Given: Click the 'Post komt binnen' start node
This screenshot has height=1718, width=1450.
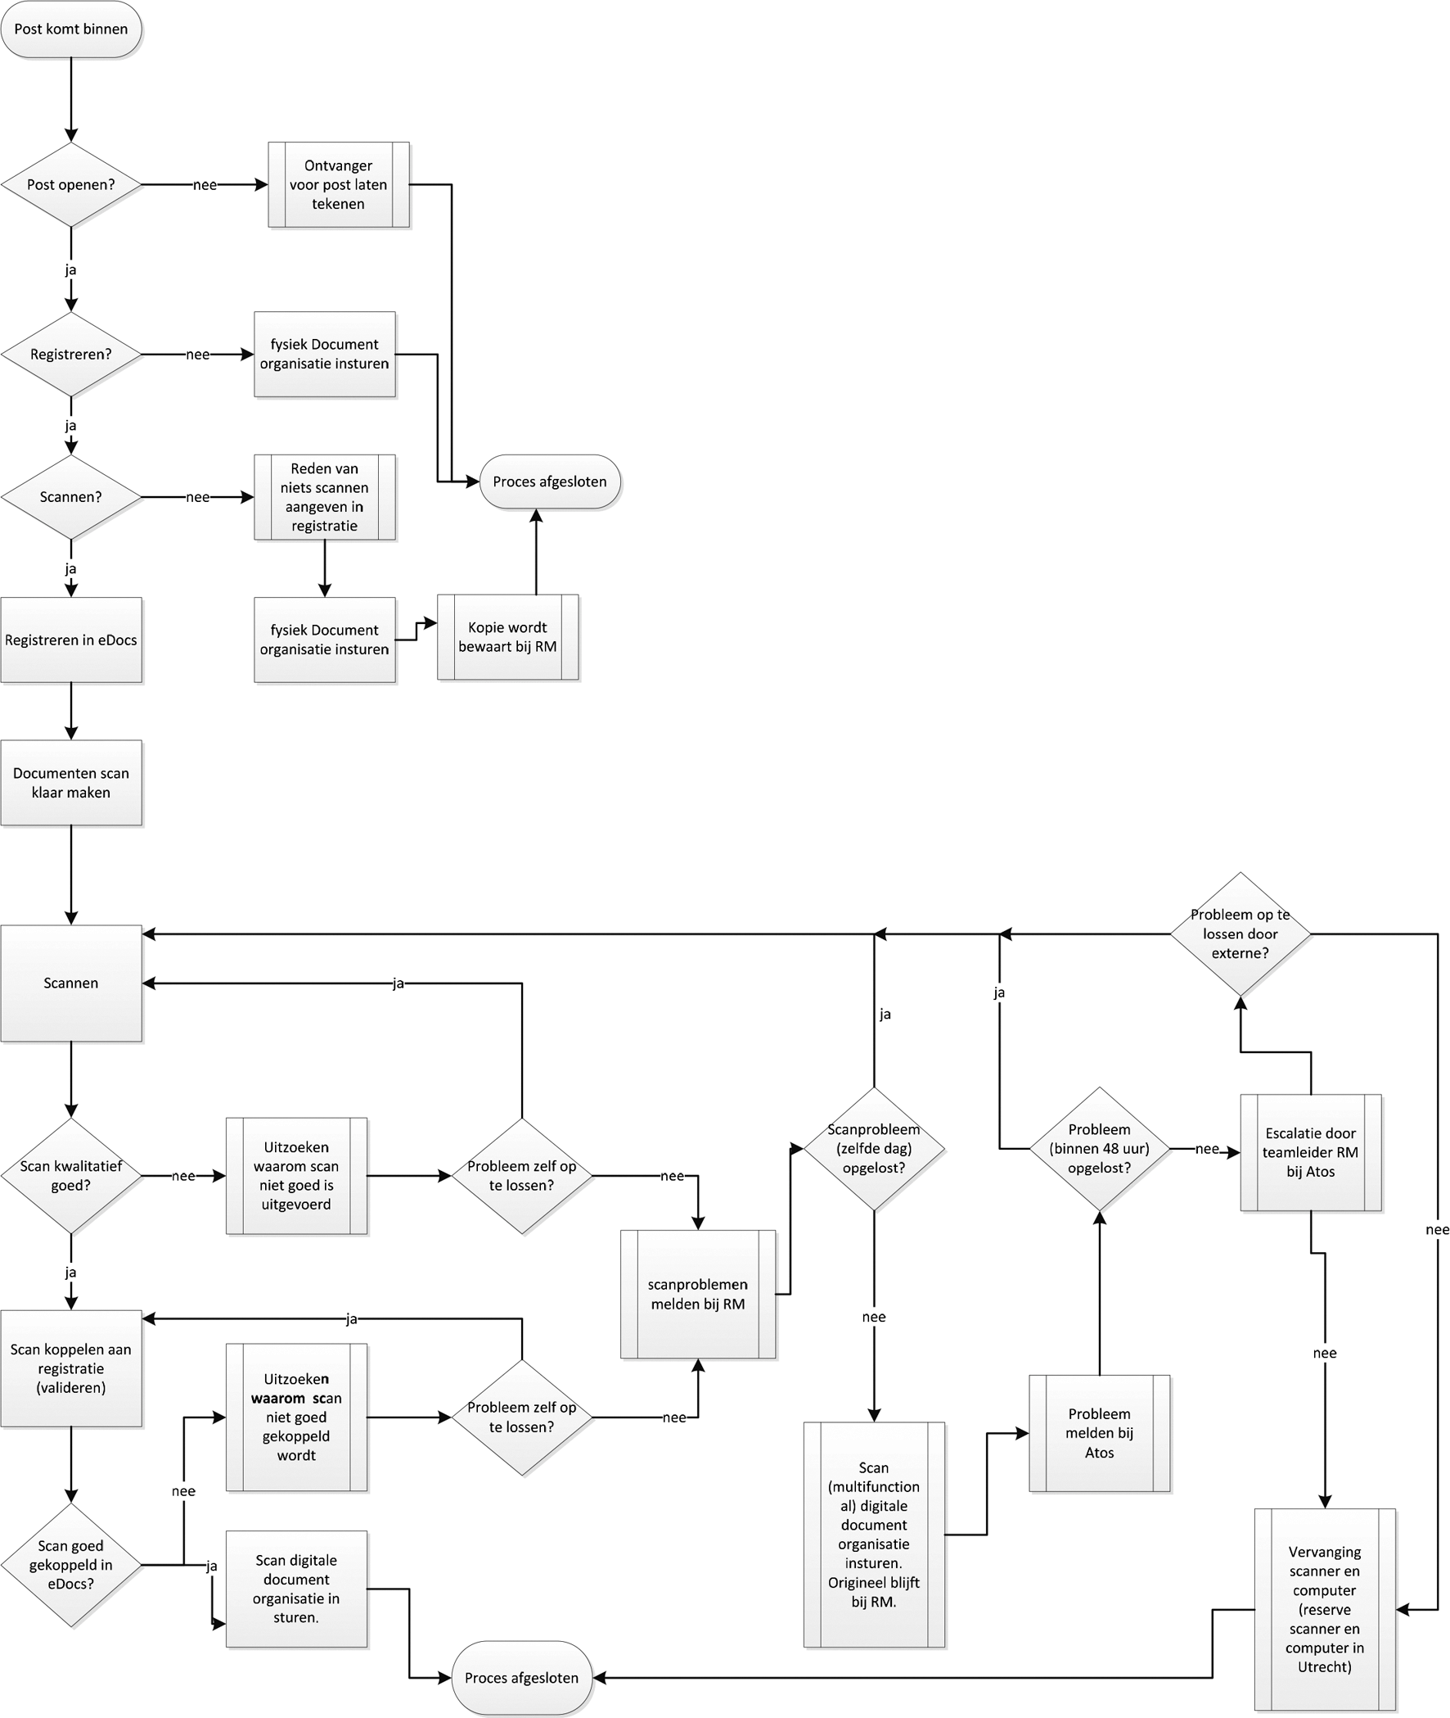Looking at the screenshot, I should pos(70,29).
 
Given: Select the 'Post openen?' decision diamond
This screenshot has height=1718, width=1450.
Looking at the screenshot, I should pos(70,185).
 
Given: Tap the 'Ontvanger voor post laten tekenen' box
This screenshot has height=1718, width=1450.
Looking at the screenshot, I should pos(338,185).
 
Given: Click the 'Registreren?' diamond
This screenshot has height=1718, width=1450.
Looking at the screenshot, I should pos(70,355).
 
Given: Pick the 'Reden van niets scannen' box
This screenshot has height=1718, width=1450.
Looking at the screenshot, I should pos(325,497).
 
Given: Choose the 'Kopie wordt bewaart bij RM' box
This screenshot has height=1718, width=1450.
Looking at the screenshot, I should pos(507,637).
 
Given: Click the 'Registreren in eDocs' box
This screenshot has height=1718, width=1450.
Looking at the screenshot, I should pos(70,640).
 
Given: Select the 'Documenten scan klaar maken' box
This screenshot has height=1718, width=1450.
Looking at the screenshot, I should pos(70,783).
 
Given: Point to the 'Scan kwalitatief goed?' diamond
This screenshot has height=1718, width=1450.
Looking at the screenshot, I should pos(70,1176).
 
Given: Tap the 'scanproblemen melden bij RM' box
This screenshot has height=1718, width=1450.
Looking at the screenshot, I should pos(698,1294).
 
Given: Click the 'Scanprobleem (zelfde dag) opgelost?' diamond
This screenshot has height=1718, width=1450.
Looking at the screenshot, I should pos(873,1149).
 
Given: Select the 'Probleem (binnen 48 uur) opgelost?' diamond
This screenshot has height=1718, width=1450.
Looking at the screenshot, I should pos(1099,1149).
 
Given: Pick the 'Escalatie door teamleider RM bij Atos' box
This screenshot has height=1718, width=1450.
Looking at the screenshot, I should pos(1310,1152).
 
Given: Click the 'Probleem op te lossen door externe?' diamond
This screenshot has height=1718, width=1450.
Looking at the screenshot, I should pos(1240,934).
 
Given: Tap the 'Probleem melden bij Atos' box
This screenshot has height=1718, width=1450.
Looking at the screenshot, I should pos(1099,1434).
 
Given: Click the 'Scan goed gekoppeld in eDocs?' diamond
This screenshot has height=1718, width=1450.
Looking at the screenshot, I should pos(70,1565).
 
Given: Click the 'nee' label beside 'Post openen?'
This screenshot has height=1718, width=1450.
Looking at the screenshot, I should pos(205,185).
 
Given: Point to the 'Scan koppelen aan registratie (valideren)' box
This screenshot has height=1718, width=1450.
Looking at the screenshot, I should pos(70,1368).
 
